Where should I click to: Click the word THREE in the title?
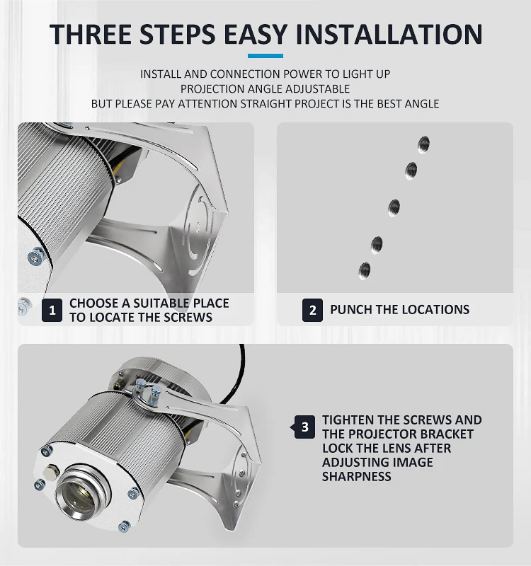coord(91,34)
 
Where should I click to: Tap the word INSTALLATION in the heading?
coord(389,34)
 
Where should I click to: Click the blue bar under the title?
coord(265,56)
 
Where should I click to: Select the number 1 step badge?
coord(52,310)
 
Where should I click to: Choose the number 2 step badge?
coord(312,310)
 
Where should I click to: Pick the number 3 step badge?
coord(304,427)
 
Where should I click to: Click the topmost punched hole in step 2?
coord(423,144)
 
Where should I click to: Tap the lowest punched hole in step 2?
coord(364,271)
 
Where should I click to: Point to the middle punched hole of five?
coord(394,207)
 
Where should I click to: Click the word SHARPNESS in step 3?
coord(356,476)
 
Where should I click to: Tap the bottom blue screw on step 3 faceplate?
coord(124,526)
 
